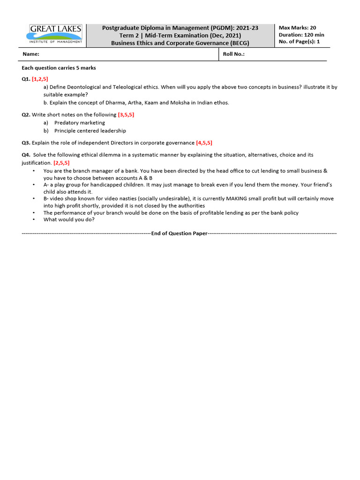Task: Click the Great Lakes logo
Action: coord(56,35)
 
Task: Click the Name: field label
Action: coord(31,54)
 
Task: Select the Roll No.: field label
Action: coord(234,54)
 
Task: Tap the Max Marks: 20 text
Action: coord(297,28)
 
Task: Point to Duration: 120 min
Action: coord(301,35)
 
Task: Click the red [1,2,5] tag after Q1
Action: coord(40,79)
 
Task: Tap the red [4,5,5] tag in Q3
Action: coord(204,143)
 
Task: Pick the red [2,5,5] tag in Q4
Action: coord(61,163)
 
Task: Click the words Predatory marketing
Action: coord(80,123)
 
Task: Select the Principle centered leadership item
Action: coord(90,131)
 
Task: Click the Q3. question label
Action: coord(26,143)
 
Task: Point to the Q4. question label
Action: coord(26,155)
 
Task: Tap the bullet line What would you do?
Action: coord(69,219)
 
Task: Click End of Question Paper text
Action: coord(179,233)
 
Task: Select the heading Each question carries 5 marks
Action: coord(59,68)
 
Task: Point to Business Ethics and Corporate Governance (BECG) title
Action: coord(180,43)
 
